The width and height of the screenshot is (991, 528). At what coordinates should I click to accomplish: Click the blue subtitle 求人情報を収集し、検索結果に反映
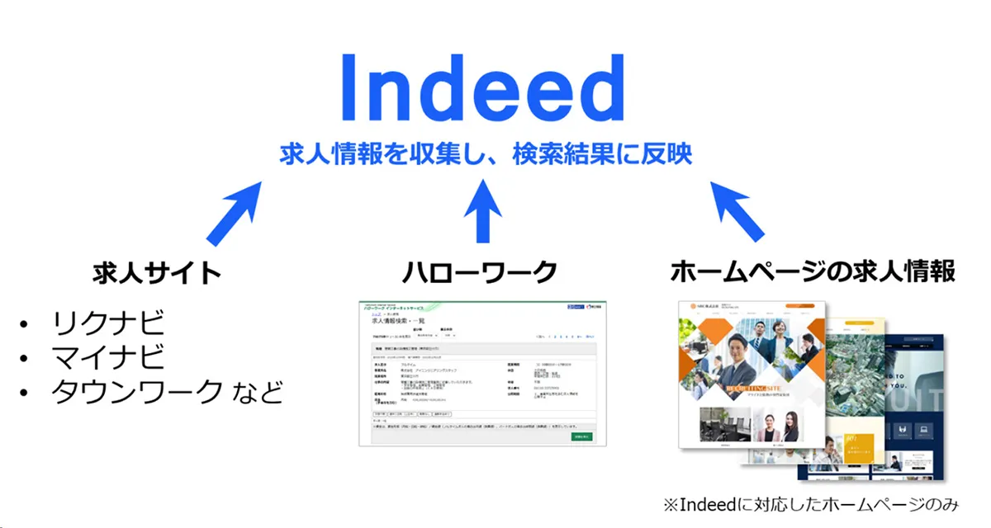pyautogui.click(x=486, y=153)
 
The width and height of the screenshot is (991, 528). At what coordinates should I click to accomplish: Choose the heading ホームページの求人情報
pyautogui.click(x=813, y=271)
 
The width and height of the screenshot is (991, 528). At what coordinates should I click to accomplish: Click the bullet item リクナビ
pyautogui.click(x=108, y=321)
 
